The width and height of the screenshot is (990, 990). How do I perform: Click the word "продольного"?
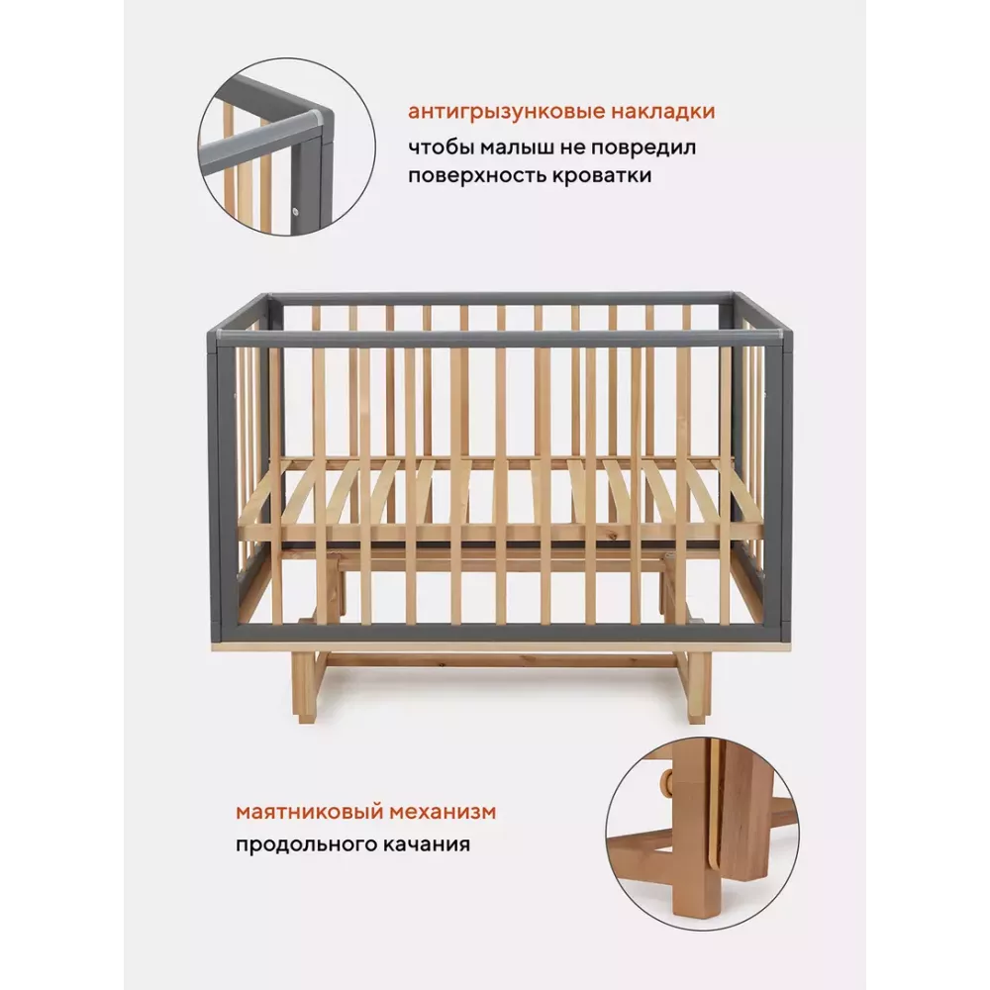coord(304,844)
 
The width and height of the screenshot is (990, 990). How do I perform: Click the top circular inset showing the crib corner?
coord(287,148)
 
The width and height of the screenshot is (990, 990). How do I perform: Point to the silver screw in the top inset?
coord(295,211)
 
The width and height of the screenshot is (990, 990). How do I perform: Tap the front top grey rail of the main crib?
coord(499,338)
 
